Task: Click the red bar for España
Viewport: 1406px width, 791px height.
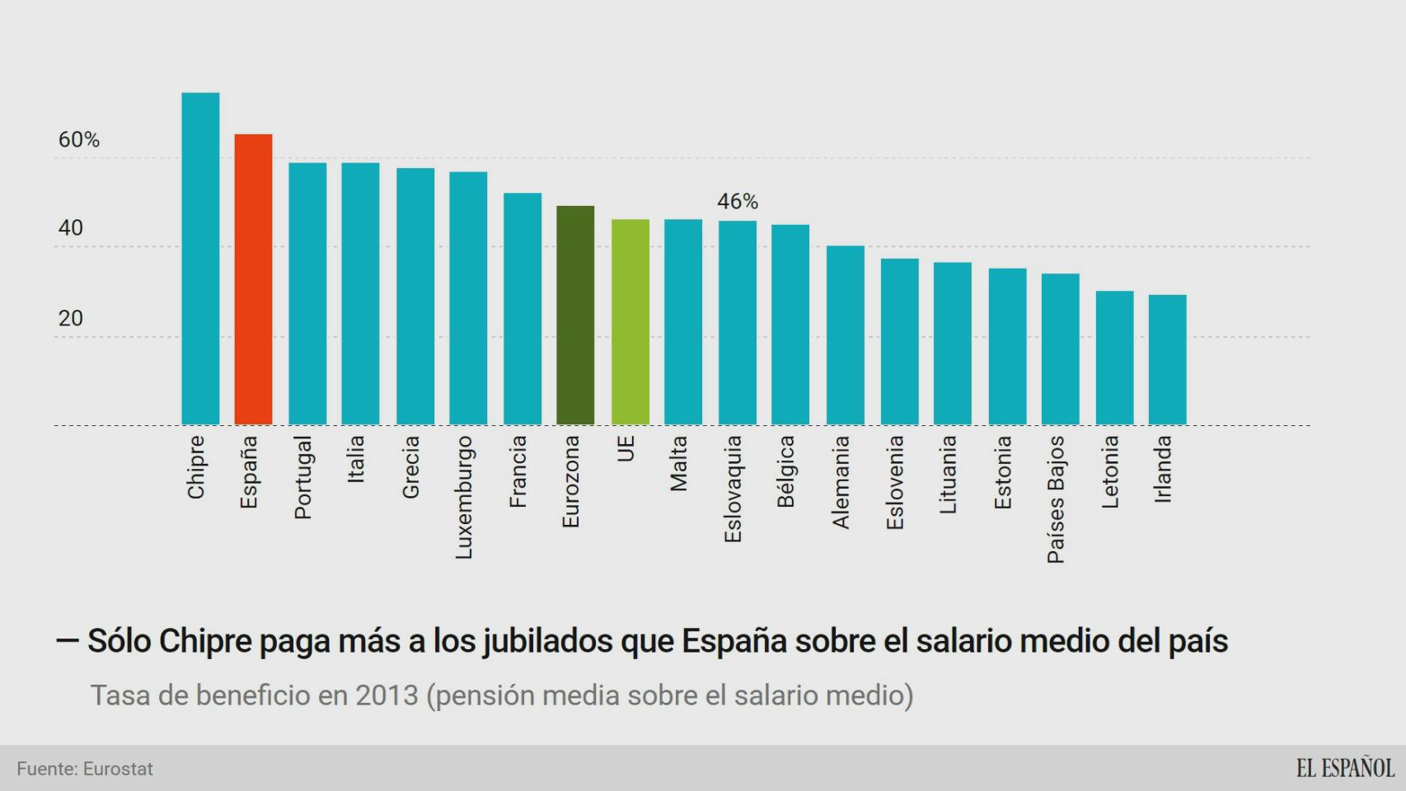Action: click(253, 280)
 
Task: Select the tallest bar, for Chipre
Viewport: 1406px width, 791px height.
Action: click(200, 259)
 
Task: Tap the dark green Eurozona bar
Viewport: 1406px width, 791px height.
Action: click(575, 316)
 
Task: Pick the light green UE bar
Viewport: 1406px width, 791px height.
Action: click(630, 322)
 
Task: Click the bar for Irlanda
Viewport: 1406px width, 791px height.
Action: click(1167, 360)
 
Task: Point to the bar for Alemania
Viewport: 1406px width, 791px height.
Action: click(845, 335)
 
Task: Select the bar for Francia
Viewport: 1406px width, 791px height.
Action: click(523, 309)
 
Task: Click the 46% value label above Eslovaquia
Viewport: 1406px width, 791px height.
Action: click(737, 201)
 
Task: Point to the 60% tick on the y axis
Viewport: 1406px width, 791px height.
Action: click(78, 140)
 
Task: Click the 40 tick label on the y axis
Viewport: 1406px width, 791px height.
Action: click(71, 228)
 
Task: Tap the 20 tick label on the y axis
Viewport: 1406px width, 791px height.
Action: click(71, 318)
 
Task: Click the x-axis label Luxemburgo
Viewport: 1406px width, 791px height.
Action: click(464, 498)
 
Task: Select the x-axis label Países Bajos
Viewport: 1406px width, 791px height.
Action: click(1056, 500)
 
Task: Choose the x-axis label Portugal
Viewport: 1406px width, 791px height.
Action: click(303, 478)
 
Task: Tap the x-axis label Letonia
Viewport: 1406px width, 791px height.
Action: click(1110, 472)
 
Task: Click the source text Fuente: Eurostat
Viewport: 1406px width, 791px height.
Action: click(85, 769)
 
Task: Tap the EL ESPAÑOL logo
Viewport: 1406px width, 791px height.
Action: click(1344, 768)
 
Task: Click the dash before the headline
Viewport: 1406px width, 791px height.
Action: click(68, 640)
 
